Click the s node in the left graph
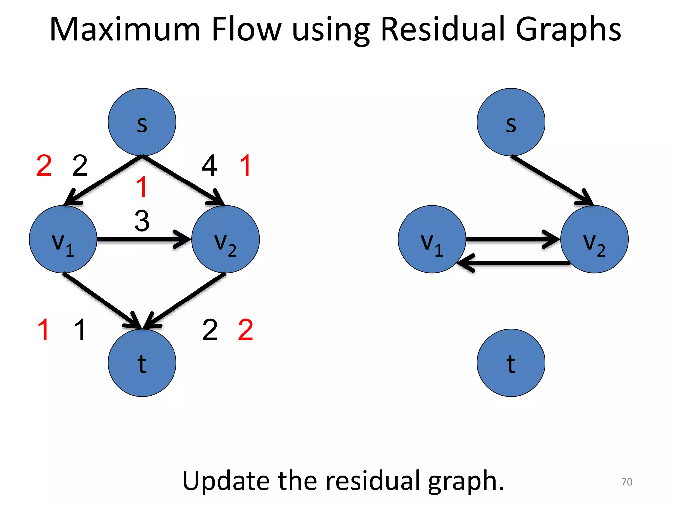[x=142, y=122]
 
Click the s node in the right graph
[x=511, y=122]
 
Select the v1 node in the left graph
[x=63, y=239]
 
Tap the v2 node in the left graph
[x=225, y=239]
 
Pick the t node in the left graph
[x=142, y=363]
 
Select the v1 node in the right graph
[x=432, y=239]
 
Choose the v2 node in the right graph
[x=594, y=239]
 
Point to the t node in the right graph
[x=511, y=363]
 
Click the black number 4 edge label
[x=209, y=166]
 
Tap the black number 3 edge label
[x=142, y=221]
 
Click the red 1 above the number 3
[x=142, y=187]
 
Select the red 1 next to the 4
[x=246, y=165]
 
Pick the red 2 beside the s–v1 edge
[x=44, y=166]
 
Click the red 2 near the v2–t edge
[x=245, y=330]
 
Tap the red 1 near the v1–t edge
[x=43, y=330]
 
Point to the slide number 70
[x=627, y=482]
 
